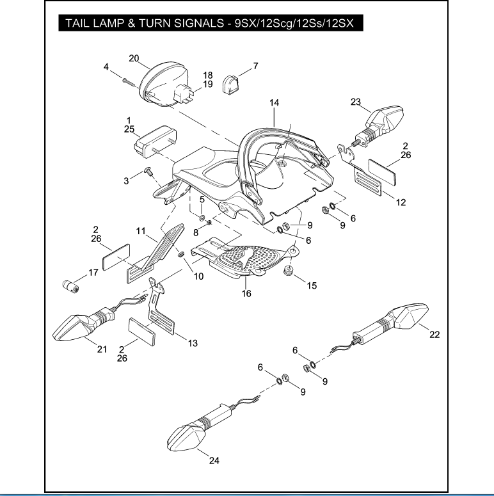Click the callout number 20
tap(134, 58)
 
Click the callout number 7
tap(255, 66)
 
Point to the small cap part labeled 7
tap(230, 84)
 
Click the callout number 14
tap(274, 102)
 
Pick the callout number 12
tap(401, 203)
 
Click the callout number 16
tap(246, 294)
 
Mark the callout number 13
tap(193, 343)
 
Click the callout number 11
tap(141, 230)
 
